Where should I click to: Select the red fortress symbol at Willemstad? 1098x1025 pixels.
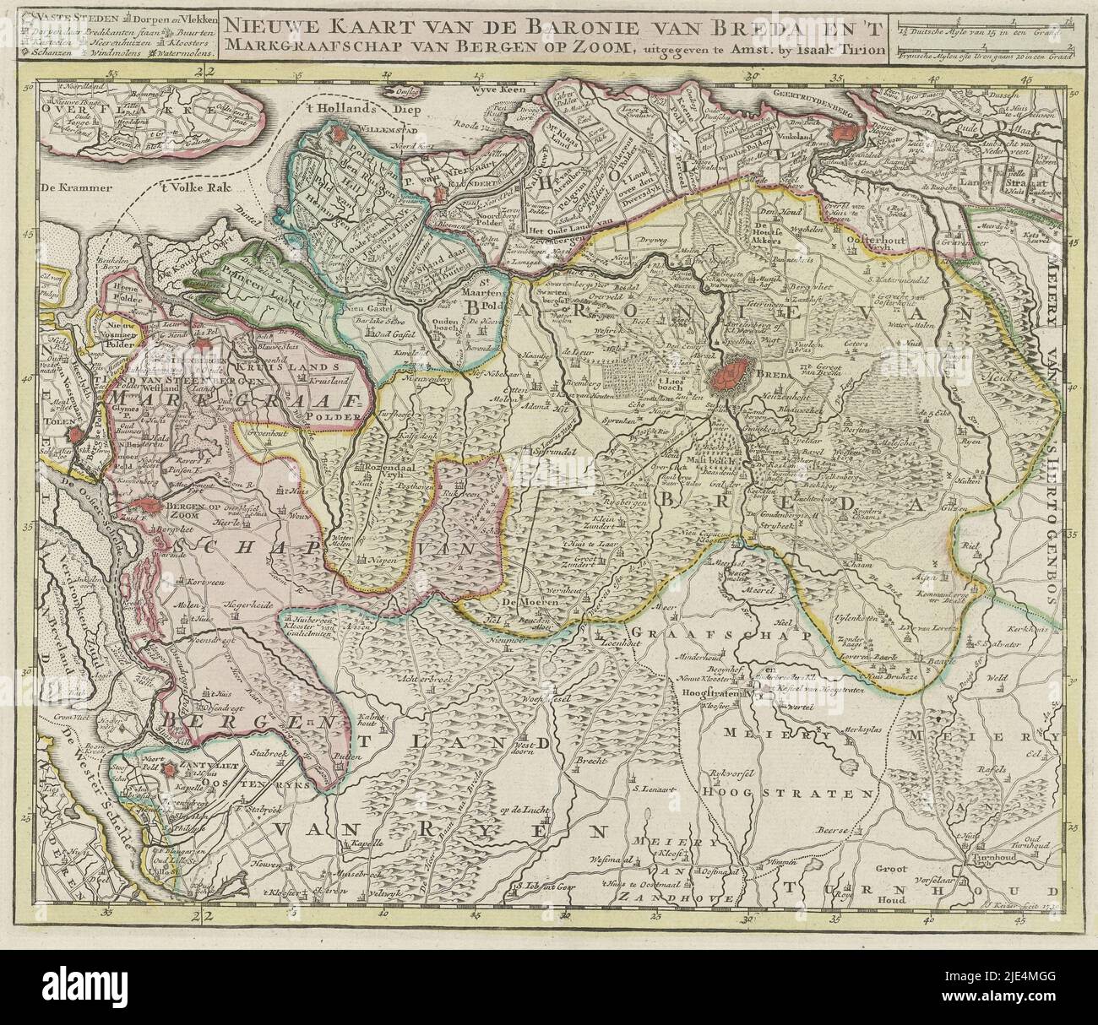coord(340,134)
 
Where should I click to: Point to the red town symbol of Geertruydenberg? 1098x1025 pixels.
coord(844,131)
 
